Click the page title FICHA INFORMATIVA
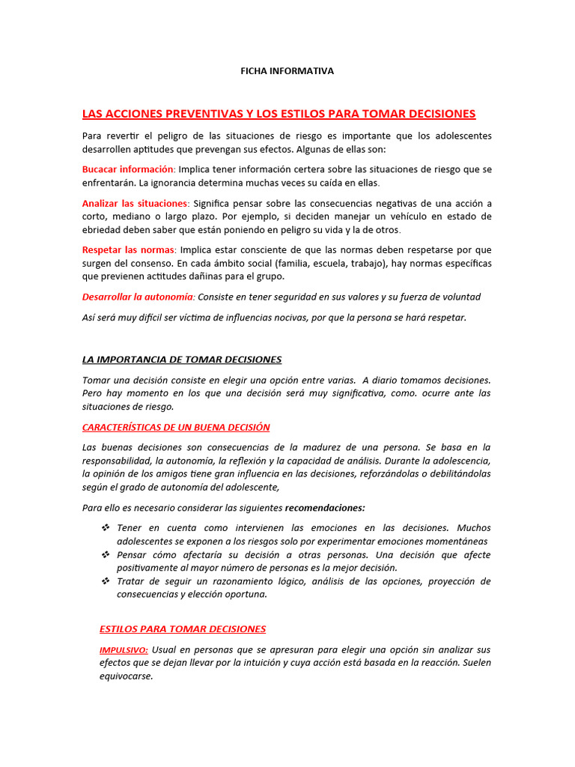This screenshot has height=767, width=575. [287, 71]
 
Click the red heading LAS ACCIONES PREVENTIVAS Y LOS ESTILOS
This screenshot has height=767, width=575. [279, 114]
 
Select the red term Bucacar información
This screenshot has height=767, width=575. [127, 169]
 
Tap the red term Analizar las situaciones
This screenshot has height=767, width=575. [136, 203]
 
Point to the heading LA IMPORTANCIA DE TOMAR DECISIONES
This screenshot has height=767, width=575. [181, 360]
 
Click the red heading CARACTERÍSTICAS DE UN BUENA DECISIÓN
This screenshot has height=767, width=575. [176, 427]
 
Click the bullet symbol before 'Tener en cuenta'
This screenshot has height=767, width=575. [106, 528]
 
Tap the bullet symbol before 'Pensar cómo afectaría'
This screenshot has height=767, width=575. [106, 555]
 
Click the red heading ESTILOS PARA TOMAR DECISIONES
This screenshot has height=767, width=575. [183, 629]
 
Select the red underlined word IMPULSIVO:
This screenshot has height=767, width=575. [124, 650]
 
